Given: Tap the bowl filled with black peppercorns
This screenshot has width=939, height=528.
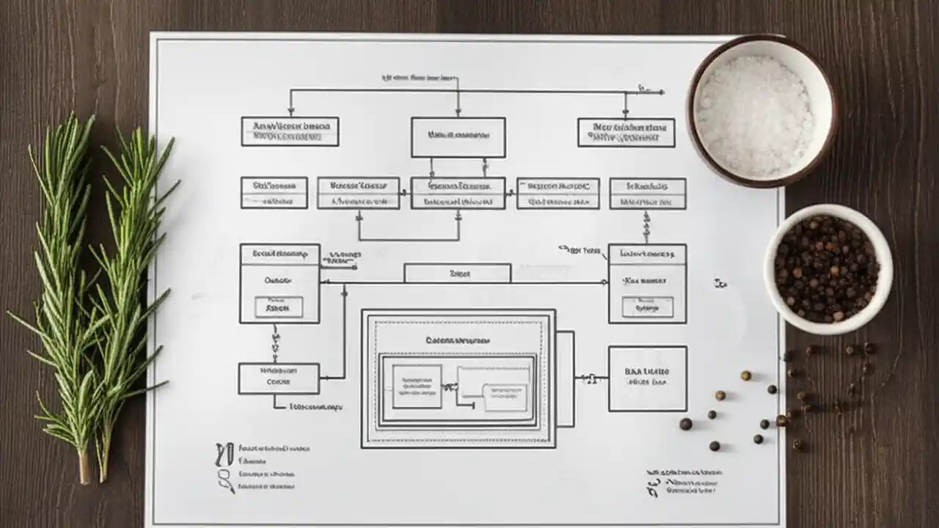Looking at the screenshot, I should click(x=827, y=268).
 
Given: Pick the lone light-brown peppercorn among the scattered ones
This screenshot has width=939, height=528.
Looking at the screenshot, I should click(x=745, y=375).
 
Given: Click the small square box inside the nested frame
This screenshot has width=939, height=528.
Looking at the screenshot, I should click(x=417, y=386).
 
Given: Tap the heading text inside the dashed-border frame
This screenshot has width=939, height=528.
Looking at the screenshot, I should click(x=458, y=340).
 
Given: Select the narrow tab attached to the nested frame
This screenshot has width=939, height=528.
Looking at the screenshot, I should click(x=565, y=378).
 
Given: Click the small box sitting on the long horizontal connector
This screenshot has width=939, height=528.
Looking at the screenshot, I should click(x=457, y=274).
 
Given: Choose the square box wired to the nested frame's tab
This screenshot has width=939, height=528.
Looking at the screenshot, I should click(x=647, y=378).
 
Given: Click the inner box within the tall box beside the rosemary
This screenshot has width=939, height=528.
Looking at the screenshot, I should click(x=278, y=307).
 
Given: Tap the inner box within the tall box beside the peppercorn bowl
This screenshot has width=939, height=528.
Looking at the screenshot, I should click(x=647, y=307).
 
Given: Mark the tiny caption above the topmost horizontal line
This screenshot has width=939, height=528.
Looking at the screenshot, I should click(x=418, y=77).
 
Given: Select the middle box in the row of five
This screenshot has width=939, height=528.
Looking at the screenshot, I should click(x=458, y=193).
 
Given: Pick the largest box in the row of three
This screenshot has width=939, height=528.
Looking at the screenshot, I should click(x=458, y=137).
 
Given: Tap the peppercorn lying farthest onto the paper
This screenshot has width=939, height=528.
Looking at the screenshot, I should click(x=685, y=424).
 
